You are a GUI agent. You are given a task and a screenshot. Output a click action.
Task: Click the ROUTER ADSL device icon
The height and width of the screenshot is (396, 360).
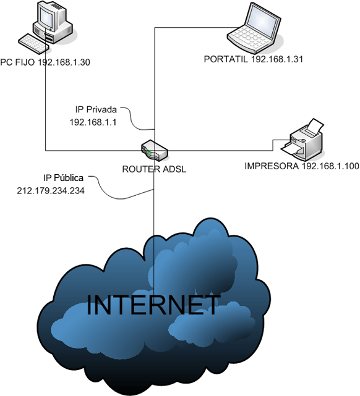tap(155, 150)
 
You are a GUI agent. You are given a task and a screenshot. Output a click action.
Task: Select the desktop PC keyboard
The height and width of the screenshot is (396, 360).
tap(33, 43)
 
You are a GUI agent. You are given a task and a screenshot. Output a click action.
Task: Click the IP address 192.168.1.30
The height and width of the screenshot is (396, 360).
tap(64, 62)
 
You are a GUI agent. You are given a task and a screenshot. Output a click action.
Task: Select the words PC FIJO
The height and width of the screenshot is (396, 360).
tap(17, 62)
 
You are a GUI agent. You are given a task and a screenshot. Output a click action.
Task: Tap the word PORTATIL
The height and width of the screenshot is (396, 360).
tap(226, 59)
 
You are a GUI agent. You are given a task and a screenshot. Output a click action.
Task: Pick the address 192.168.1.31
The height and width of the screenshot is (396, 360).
tap(277, 59)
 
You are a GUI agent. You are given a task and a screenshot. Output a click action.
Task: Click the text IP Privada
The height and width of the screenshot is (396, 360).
tap(96, 109)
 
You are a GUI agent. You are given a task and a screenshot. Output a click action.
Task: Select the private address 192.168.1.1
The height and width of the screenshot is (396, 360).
tap(93, 122)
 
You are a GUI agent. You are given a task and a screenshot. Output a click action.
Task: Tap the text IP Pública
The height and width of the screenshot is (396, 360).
tap(63, 178)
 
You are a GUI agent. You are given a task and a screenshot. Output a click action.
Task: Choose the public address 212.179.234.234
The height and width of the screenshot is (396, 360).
tap(51, 190)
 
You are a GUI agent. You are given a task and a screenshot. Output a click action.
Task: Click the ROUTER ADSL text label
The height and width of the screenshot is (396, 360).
tap(154, 169)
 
